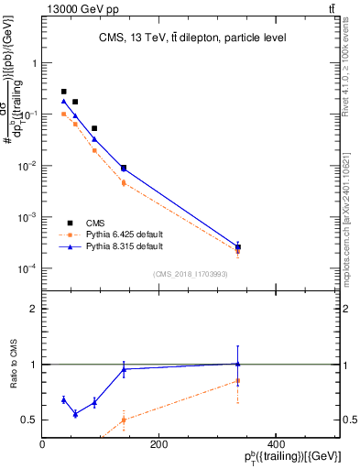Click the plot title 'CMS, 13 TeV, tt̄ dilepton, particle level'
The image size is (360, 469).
coord(192,38)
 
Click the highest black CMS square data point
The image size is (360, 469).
coord(63,92)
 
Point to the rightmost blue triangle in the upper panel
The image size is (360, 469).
coord(238,247)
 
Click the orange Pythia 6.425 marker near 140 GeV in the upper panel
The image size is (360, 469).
coord(124,183)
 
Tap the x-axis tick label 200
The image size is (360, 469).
coord(158,443)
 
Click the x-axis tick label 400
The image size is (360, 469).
coord(274,443)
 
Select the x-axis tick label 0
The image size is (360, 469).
coord(43,443)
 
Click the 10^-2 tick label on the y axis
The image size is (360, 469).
coord(28,166)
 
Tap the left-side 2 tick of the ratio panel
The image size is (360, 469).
coord(35,309)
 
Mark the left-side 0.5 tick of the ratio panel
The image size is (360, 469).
coord(31,420)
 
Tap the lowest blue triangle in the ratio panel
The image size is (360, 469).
coord(75,414)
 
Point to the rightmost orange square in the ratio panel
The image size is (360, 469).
coord(238,380)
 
